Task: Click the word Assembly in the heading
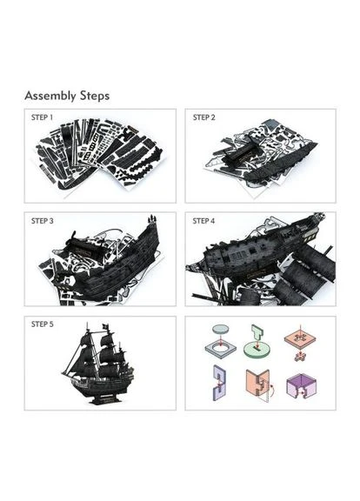[50, 96]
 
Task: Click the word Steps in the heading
[95, 96]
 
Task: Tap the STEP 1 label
[42, 117]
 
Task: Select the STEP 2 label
[203, 117]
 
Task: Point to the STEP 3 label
[42, 221]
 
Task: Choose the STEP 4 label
[203, 221]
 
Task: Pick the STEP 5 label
[42, 324]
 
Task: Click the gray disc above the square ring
[221, 329]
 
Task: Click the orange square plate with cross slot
[300, 339]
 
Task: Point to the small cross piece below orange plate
[300, 357]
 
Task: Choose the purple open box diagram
[302, 386]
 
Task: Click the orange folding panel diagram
[257, 384]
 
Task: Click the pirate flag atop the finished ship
[106, 327]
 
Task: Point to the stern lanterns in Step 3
[152, 219]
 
